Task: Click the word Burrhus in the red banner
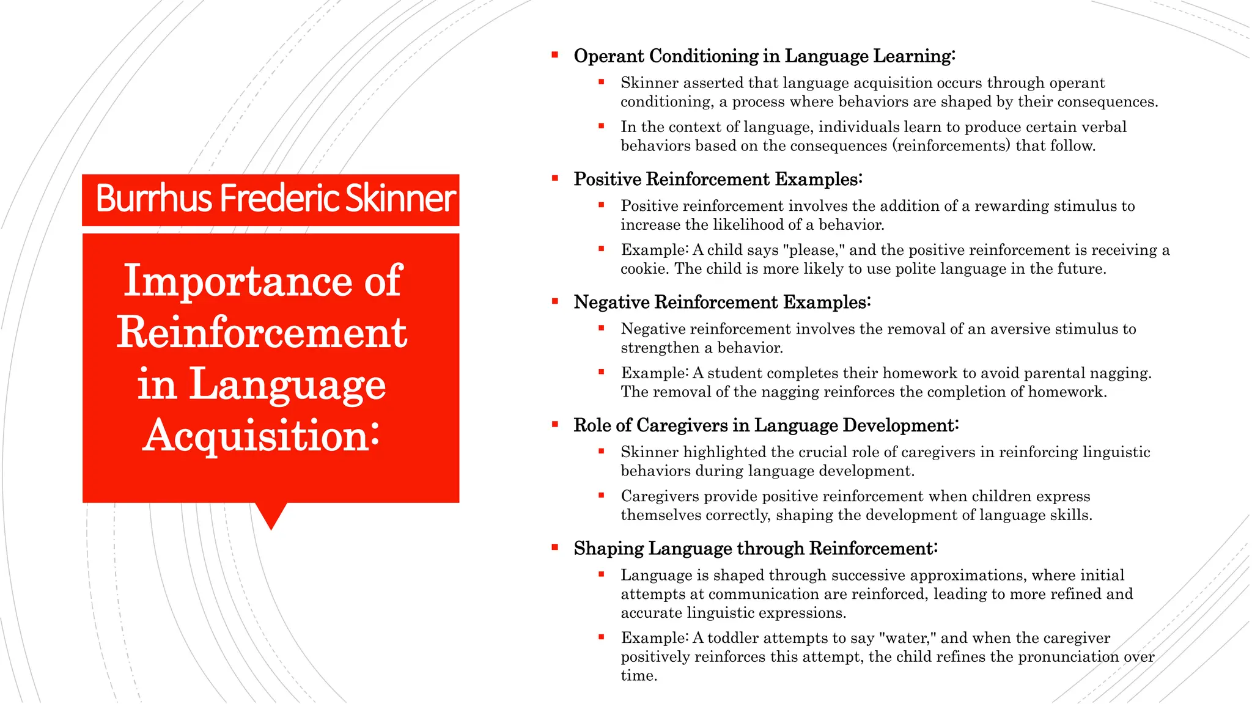click(153, 199)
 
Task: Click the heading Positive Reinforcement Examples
click(718, 180)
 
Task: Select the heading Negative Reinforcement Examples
click(722, 302)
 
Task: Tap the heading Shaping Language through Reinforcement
click(755, 549)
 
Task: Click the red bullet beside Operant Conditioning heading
click(555, 55)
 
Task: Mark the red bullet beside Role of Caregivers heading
click(555, 424)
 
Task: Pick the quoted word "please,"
click(814, 250)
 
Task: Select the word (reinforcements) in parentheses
click(951, 146)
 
